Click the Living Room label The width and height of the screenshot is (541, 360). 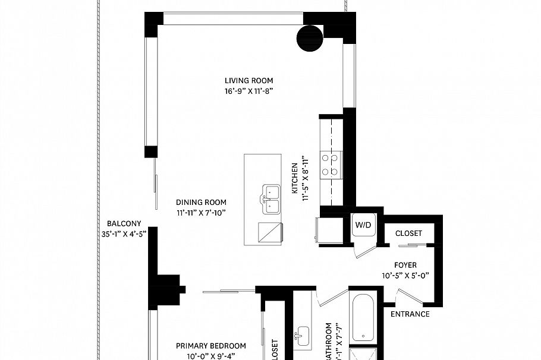coord(249,81)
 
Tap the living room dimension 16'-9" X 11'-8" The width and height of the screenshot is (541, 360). coord(249,91)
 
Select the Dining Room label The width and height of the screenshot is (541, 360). coord(201,202)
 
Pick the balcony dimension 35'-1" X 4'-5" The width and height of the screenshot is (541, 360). coord(124,234)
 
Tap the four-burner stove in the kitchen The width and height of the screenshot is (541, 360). coord(330,165)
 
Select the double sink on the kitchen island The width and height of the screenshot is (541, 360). coord(270,199)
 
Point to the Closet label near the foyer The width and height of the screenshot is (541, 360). coord(408,233)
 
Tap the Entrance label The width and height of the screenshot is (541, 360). coord(410,314)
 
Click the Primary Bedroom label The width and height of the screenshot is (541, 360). coord(211,346)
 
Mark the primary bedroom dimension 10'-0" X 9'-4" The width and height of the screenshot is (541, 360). coord(211,356)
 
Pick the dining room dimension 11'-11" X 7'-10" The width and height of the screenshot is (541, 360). coord(201,213)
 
